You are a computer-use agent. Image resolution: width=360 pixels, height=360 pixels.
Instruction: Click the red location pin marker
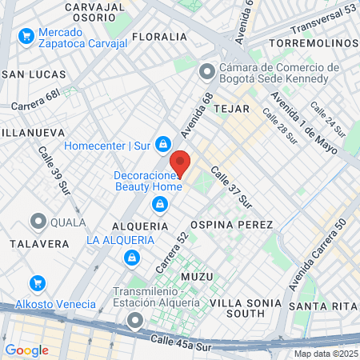tap(180, 164)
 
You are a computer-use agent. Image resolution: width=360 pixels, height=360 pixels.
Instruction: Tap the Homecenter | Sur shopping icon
tap(163, 144)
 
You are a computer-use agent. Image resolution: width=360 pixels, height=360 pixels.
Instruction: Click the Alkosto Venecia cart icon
tap(36, 283)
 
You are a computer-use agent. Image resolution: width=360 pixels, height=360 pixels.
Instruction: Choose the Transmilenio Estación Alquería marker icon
tap(134, 322)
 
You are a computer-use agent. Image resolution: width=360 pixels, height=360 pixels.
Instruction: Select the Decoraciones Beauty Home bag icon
tap(160, 205)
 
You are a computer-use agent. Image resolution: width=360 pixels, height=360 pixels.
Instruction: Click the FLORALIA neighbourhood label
tap(159, 37)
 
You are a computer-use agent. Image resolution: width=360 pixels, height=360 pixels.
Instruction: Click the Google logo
tap(26, 350)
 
